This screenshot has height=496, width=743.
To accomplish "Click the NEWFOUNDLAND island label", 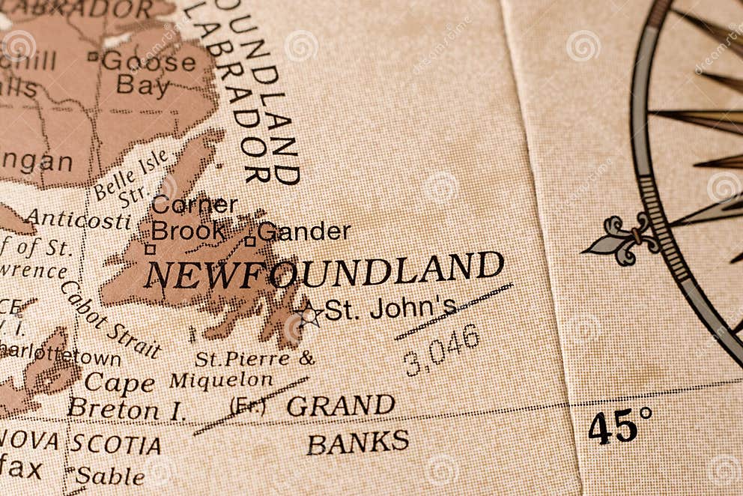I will coord(324,270).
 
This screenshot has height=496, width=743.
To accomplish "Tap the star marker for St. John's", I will coord(308,314).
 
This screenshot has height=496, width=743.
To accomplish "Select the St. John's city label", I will coord(390,308).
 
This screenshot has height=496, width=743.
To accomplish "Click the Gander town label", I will coord(304,232).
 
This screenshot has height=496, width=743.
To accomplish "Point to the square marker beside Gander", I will coord(250,241).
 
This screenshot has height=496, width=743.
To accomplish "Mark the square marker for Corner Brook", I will coord(151,249).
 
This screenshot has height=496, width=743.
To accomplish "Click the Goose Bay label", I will coord(148,73).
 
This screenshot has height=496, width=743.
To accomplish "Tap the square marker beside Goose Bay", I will coord(93,55).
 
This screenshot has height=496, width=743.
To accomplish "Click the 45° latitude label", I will coord(619,426).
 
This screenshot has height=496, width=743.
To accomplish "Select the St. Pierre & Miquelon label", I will coord(240,369).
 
